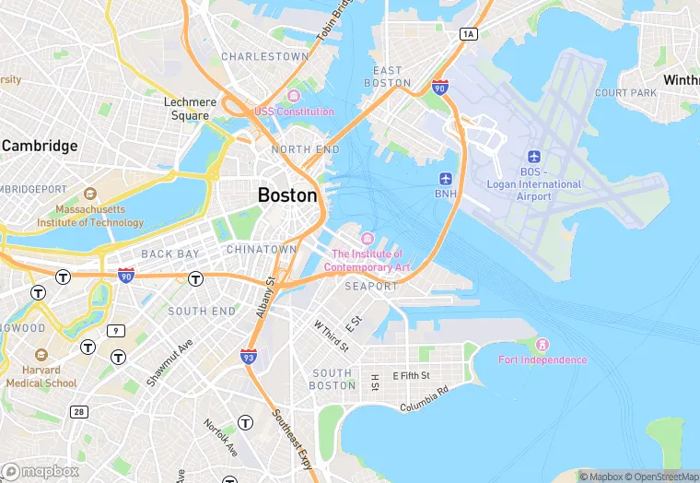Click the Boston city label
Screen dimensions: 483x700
[287, 195]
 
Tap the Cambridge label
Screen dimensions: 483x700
[40, 146]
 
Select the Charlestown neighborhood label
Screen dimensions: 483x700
[264, 56]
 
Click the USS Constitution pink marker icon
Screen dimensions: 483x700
[294, 97]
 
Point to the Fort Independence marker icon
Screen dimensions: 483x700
[542, 345]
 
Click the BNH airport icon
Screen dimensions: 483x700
[446, 178]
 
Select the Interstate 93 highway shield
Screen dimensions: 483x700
[249, 356]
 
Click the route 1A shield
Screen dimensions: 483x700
[468, 33]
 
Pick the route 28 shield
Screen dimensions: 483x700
[79, 411]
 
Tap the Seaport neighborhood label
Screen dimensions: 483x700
[371, 287]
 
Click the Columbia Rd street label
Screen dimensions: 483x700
[424, 398]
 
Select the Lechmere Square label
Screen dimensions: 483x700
[190, 109]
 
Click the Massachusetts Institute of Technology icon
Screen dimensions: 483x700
[90, 194]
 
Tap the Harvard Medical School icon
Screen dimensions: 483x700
[41, 355]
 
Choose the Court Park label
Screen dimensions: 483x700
[625, 93]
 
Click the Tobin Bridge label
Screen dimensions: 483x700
[335, 21]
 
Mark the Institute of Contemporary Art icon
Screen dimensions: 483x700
[367, 240]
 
